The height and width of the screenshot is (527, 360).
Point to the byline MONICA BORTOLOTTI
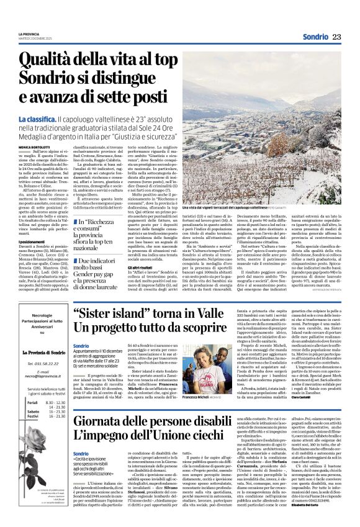33,146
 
